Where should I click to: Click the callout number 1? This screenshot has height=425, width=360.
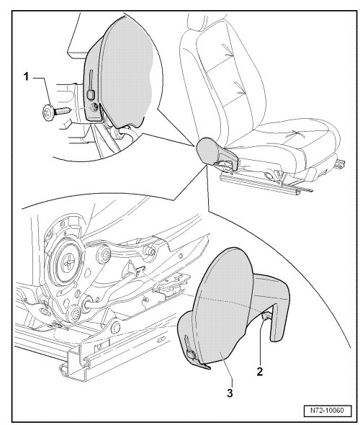(x=26, y=76)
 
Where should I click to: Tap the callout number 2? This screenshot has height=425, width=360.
(x=259, y=371)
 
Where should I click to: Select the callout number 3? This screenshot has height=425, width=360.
(x=230, y=393)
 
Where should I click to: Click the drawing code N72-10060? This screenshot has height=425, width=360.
(x=327, y=410)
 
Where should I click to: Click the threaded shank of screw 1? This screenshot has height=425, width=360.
(x=63, y=111)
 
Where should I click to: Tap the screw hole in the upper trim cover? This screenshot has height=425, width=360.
(x=94, y=107)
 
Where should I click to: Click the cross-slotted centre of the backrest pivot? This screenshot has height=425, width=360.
(x=66, y=263)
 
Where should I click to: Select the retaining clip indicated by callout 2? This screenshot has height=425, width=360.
(x=266, y=316)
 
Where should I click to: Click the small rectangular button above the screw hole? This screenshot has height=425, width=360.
(x=90, y=94)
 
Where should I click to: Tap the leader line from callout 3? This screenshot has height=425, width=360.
(x=226, y=370)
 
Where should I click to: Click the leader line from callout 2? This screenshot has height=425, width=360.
(x=260, y=342)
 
